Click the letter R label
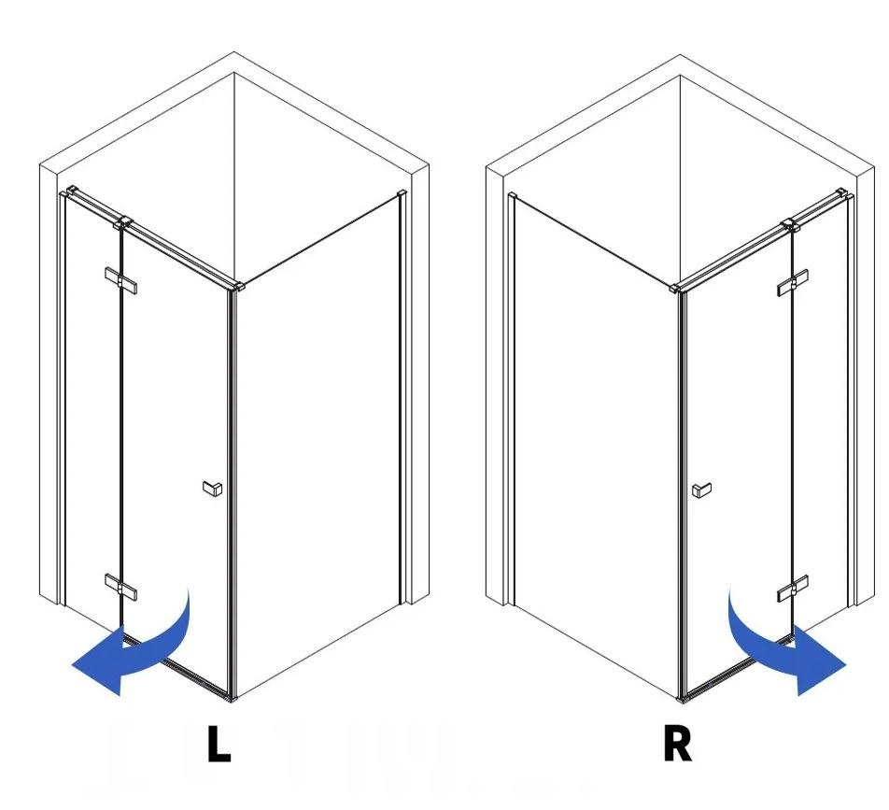(678, 744)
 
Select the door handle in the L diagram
(213, 489)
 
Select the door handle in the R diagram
(702, 490)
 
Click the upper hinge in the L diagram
(120, 280)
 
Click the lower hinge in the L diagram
(120, 587)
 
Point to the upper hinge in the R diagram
(793, 282)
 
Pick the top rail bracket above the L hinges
(123, 222)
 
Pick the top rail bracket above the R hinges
(790, 224)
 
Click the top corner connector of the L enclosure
(237, 286)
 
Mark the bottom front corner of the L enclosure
(232, 699)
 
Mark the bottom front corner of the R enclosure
(682, 700)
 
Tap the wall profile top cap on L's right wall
(402, 193)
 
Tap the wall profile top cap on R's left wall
(513, 196)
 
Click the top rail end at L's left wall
(71, 191)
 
